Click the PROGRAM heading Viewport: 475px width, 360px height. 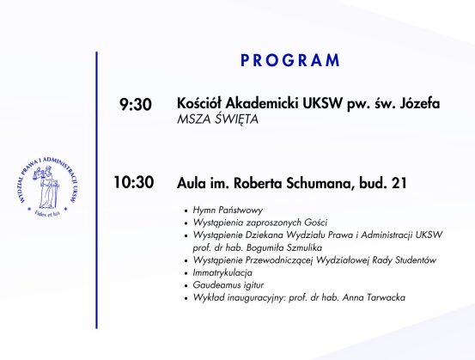tap(290, 60)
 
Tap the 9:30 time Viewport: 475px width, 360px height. tap(136, 105)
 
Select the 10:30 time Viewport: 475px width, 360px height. tap(134, 182)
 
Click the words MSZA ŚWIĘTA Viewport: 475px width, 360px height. tap(217, 119)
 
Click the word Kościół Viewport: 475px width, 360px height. tap(199, 103)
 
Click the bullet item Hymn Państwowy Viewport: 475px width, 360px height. tap(228, 210)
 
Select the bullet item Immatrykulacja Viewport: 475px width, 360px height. tap(222, 272)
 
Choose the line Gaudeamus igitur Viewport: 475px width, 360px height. tap(228, 285)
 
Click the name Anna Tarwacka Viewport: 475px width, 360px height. tap(374, 297)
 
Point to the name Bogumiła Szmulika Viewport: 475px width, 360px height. tap(284, 247)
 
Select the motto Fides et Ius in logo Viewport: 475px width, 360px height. tap(47, 213)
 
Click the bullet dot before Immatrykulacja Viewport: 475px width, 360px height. tap(186, 273)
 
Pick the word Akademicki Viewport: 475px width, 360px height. tap(262, 103)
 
